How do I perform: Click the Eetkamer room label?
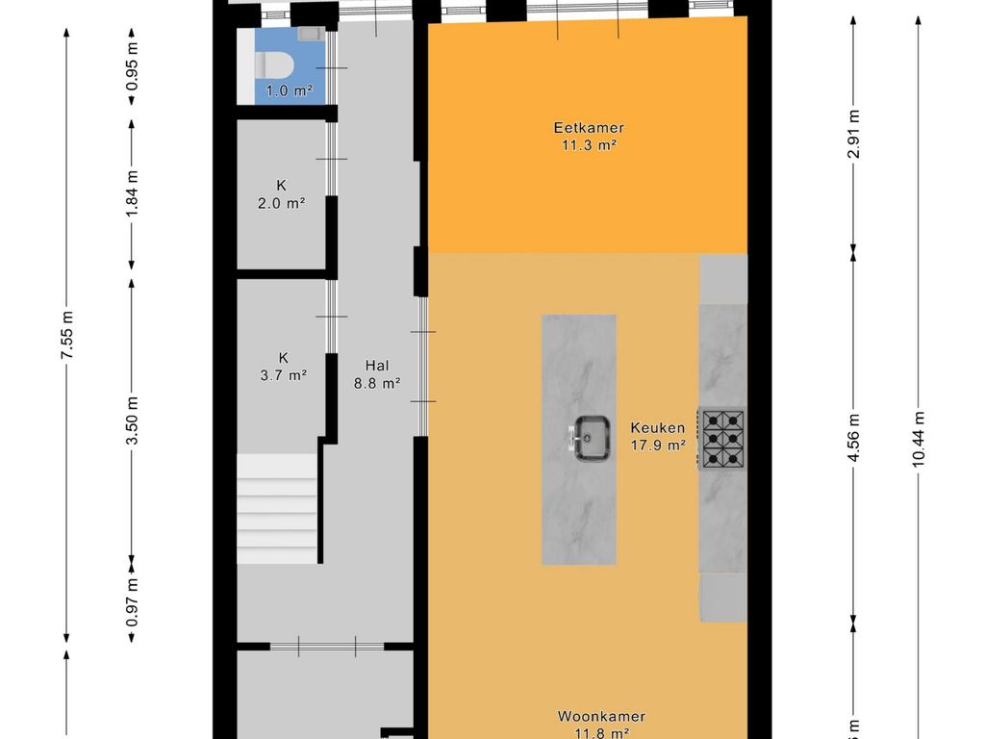(589, 128)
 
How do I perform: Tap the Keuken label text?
(658, 428)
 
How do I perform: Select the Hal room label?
(377, 365)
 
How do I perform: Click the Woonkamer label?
(601, 716)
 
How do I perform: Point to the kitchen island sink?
(592, 438)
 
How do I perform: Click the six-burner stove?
(722, 439)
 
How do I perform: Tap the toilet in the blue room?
(274, 65)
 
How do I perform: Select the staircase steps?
(277, 509)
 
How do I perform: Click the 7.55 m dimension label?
(67, 335)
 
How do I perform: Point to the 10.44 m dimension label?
(919, 439)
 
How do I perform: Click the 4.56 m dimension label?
(853, 438)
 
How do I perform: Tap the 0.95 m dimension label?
(132, 66)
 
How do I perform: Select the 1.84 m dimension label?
(132, 193)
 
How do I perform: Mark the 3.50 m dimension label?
(132, 420)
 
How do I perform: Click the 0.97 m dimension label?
(132, 602)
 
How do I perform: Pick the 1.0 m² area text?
(289, 91)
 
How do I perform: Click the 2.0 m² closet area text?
(282, 203)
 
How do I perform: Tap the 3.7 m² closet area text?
(284, 375)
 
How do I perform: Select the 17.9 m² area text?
(658, 446)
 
